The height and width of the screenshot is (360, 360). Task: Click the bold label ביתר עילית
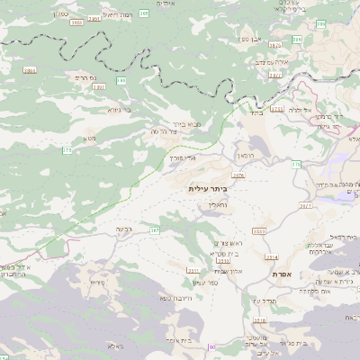pos(208,188)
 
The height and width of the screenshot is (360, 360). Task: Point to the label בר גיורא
pos(120,110)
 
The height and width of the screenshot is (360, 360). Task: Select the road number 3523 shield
pos(259,231)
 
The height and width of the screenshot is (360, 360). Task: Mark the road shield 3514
pos(271,256)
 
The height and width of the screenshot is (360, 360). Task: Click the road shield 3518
pos(260,320)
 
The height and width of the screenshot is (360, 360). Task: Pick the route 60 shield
pos(212,346)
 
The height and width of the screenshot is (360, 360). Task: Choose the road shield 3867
pos(98,87)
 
